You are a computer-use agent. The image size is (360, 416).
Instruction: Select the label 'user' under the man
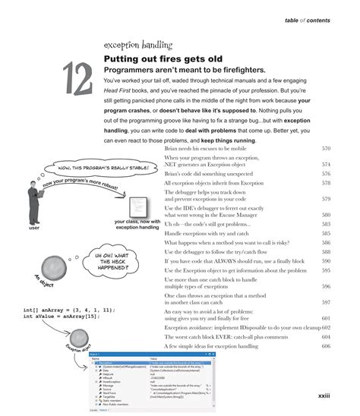(x=33, y=226)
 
